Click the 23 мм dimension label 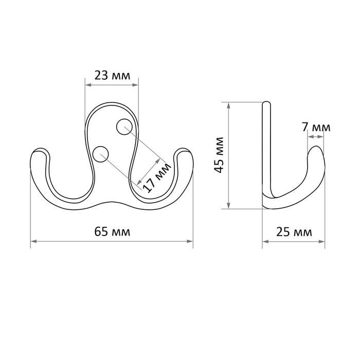(112, 75)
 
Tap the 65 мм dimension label (112, 231)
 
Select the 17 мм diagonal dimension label (157, 177)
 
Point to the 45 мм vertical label (219, 155)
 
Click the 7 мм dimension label (316, 127)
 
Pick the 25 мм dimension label (294, 232)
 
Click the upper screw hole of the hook (124, 127)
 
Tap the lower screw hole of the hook (101, 154)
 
